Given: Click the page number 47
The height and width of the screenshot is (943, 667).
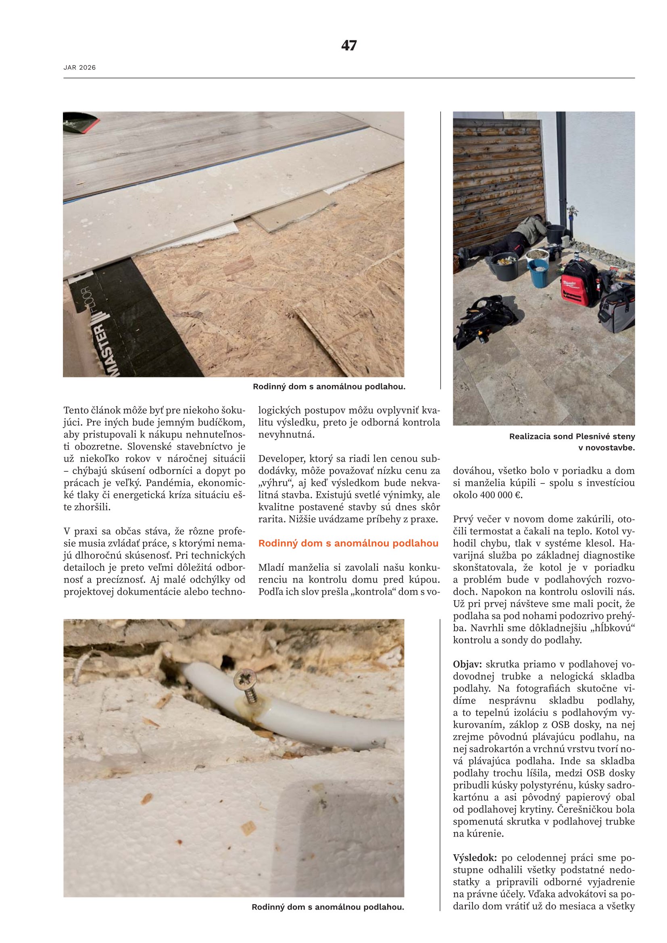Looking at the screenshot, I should click(349, 45).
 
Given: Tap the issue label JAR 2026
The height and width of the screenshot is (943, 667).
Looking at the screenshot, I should click(80, 68).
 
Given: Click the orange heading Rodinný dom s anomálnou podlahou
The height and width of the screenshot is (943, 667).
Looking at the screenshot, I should click(348, 543).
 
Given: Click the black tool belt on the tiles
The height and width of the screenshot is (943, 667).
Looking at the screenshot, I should click(485, 321).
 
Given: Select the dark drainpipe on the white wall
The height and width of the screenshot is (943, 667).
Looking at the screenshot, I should click(561, 164).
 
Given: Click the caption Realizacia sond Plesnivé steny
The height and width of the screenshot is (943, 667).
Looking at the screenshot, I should click(572, 436).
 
